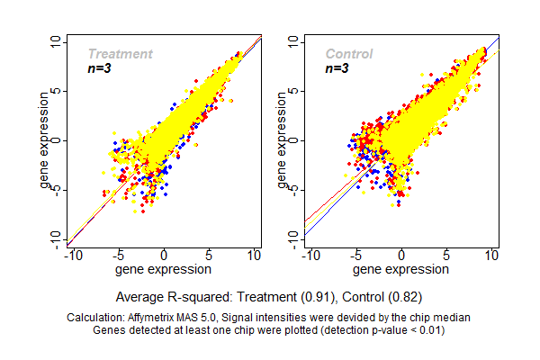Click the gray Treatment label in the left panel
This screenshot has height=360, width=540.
[120, 54]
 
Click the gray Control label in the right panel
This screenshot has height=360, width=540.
[348, 54]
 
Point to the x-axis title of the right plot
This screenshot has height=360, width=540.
[400, 268]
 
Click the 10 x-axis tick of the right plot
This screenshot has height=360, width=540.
[491, 256]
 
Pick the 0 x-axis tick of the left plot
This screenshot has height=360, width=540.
[164, 256]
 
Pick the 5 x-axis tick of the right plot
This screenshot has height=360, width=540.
[446, 256]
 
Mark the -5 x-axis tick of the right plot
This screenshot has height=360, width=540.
[355, 256]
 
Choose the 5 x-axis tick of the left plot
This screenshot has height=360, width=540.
[209, 256]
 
